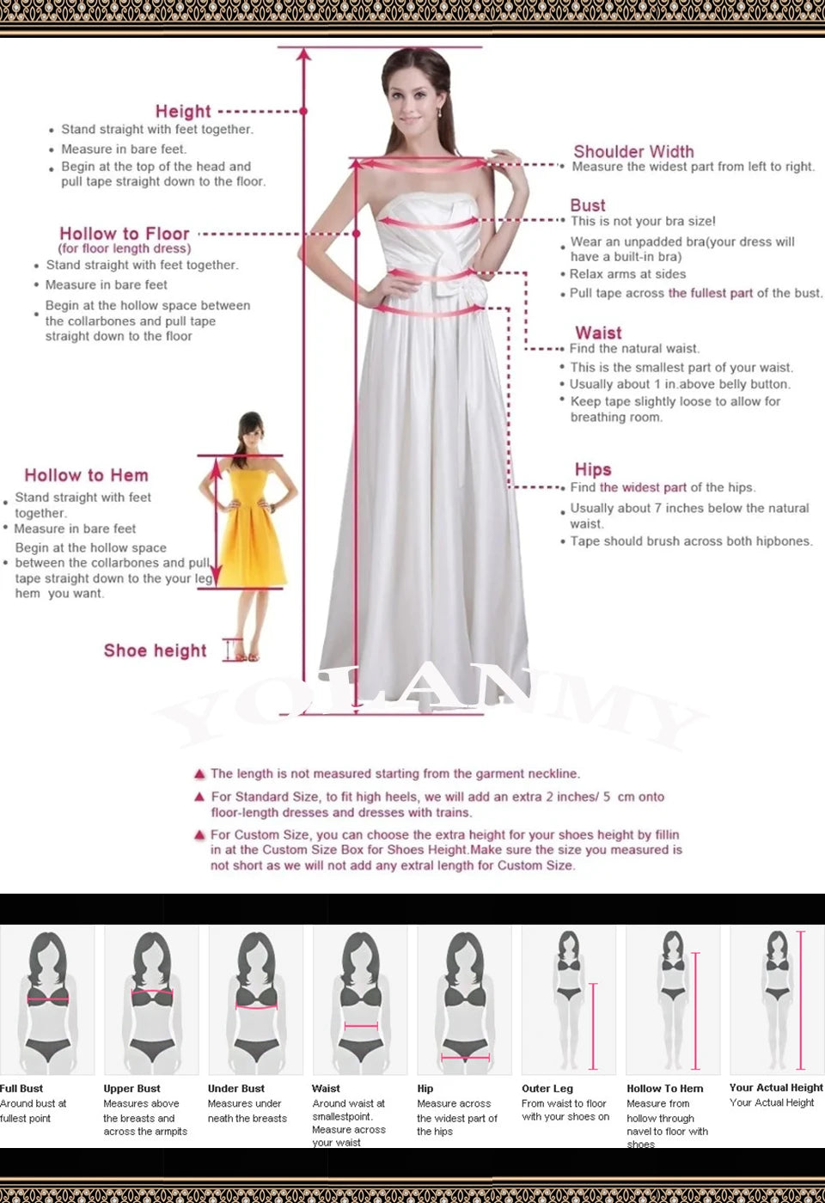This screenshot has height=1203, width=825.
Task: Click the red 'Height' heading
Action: (183, 111)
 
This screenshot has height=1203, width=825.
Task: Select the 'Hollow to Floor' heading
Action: (125, 234)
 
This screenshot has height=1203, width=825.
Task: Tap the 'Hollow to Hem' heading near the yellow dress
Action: (86, 475)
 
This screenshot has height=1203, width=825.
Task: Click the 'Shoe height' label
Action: (156, 650)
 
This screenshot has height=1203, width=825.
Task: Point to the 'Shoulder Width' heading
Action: (633, 151)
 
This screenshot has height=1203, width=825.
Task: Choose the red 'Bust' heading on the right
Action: (588, 205)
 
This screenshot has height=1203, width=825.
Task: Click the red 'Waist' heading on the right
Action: (598, 333)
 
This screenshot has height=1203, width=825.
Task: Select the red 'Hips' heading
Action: (593, 469)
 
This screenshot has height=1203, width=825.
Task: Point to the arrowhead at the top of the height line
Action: (303, 55)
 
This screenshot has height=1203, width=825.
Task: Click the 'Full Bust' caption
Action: (21, 1089)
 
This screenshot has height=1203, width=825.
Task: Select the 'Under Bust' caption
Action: (236, 1089)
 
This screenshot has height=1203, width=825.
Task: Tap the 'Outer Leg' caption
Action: (547, 1089)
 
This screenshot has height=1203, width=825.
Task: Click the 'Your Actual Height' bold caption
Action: (776, 1088)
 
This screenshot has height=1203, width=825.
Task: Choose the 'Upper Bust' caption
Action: (132, 1089)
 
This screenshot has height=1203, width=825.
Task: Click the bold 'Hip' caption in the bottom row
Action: (425, 1089)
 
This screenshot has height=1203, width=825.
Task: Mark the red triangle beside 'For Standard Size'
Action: (200, 797)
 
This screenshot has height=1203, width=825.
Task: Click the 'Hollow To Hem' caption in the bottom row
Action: (665, 1089)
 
